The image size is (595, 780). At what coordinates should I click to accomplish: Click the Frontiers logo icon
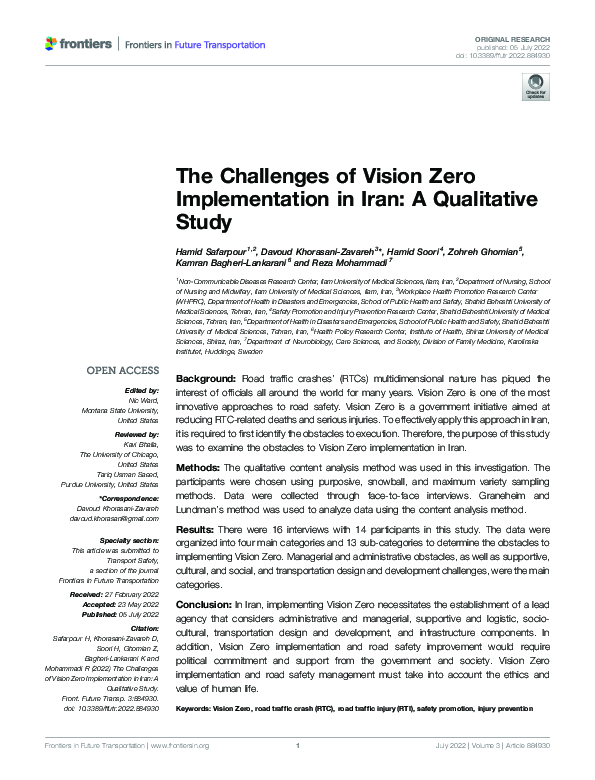[52, 44]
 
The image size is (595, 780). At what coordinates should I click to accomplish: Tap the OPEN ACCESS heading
[122, 371]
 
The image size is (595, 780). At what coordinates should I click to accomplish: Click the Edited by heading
[142, 390]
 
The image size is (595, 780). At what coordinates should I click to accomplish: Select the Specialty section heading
[128, 540]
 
